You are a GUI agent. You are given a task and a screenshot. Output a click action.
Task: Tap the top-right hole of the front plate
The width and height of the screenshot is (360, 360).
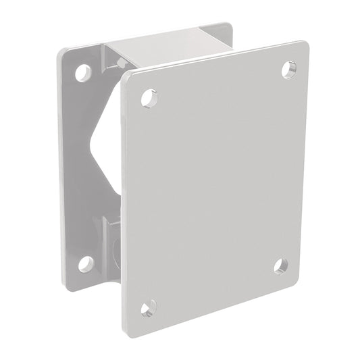tap(288, 68)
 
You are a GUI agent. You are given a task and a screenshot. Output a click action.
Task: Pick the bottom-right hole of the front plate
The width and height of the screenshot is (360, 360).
tap(282, 265)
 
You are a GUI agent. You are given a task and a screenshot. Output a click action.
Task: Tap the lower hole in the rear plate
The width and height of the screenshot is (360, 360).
tap(85, 263)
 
